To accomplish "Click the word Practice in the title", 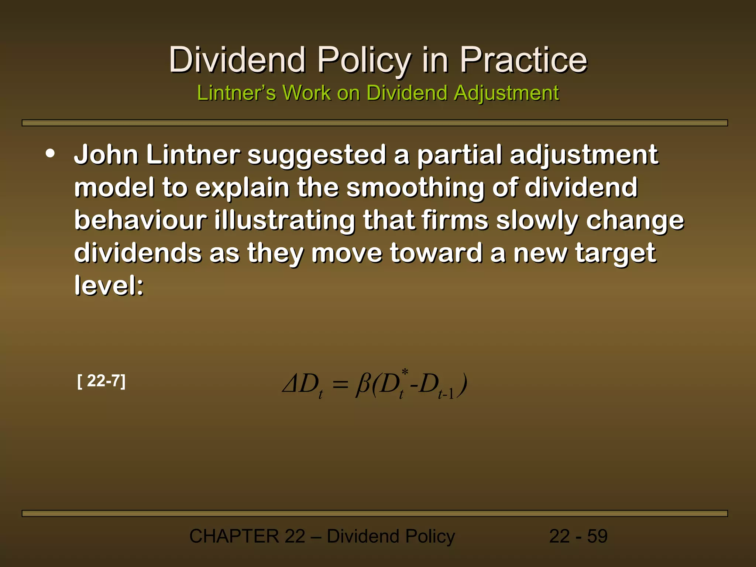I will [x=523, y=60].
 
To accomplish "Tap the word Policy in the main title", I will [x=364, y=60].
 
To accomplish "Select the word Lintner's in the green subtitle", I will [x=236, y=93].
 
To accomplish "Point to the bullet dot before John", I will [x=50, y=154].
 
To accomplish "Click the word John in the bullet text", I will [x=106, y=155].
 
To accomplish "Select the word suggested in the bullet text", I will [x=317, y=155].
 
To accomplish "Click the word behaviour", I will [x=140, y=220].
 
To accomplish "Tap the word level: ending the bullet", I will [x=109, y=286].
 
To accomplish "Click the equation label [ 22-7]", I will [x=102, y=381].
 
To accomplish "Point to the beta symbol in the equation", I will [x=362, y=385].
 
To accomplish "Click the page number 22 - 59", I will [x=578, y=536].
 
